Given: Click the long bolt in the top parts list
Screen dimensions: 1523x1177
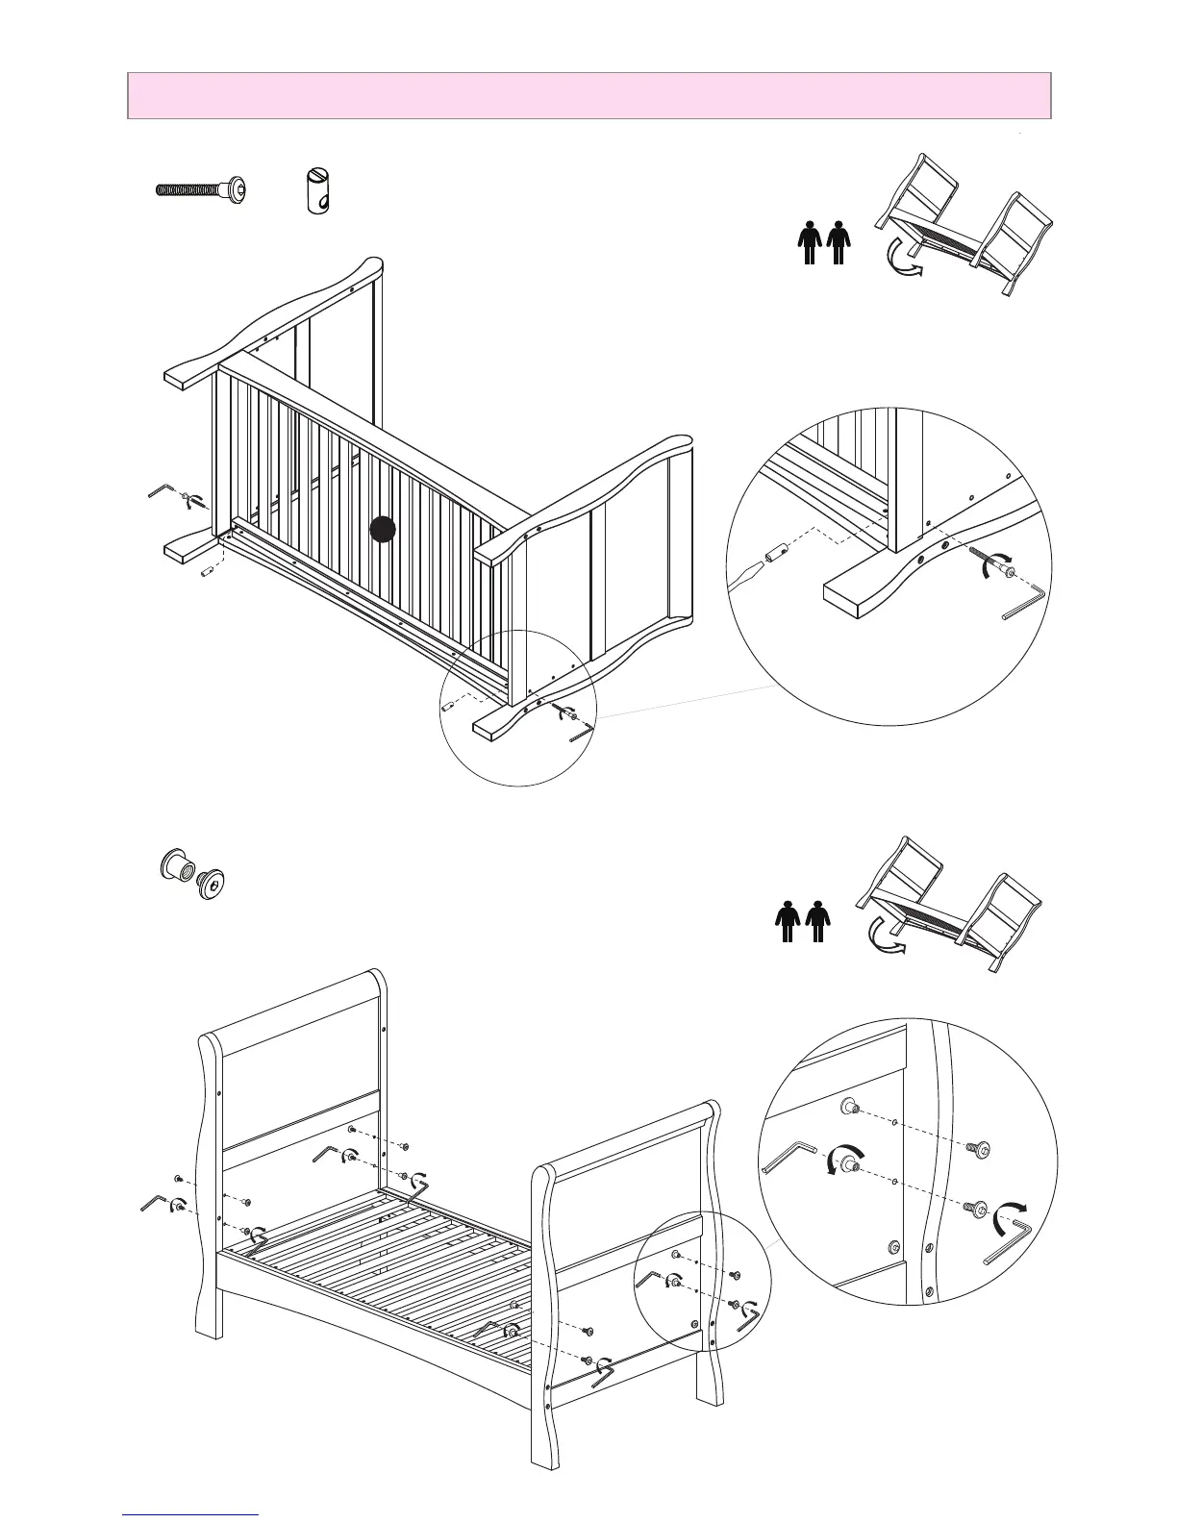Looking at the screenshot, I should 200,188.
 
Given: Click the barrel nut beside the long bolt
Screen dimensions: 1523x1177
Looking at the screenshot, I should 317,188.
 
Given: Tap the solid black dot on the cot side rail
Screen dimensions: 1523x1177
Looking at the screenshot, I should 383,529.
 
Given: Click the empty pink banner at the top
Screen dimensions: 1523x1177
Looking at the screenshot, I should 588,95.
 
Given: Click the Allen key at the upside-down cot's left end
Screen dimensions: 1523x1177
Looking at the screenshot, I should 158,491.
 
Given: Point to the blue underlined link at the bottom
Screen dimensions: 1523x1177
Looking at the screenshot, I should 191,1515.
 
